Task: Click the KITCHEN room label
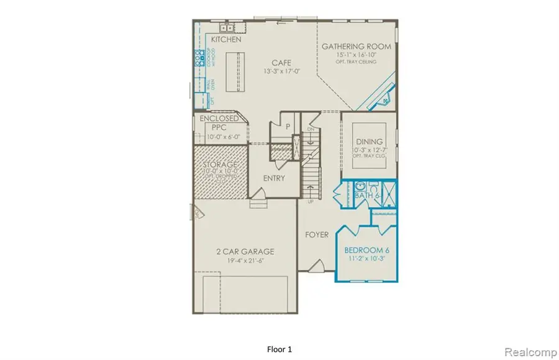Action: (x=226, y=39)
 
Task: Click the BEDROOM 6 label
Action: (x=366, y=251)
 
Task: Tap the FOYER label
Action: (x=316, y=235)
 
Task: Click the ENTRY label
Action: (x=274, y=178)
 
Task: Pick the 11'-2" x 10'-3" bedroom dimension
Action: (x=366, y=259)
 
